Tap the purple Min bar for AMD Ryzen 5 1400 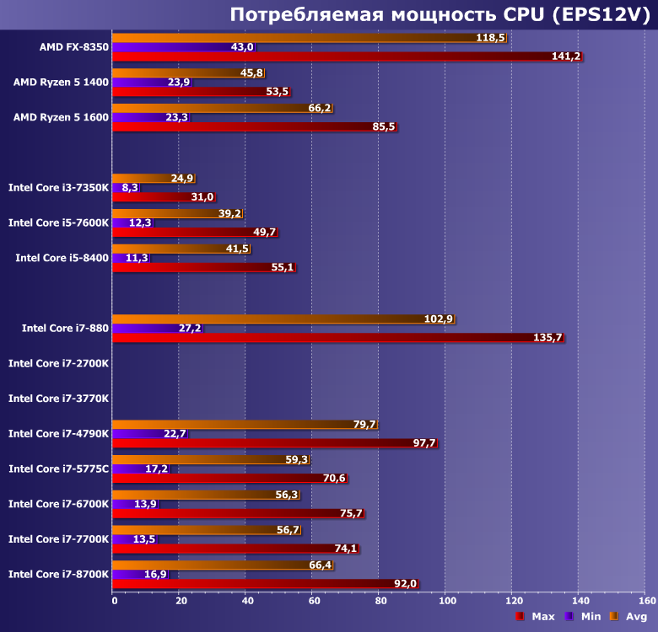point(152,83)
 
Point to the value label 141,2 point(566,56)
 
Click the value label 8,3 point(130,188)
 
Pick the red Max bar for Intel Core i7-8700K point(265,583)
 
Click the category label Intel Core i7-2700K point(58,363)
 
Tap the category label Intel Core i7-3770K point(58,399)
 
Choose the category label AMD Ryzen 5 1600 point(61,117)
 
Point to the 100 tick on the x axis point(446,601)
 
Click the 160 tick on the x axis point(646,601)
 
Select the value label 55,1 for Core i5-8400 point(283,267)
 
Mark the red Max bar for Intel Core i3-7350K point(164,197)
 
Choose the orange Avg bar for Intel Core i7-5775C point(211,460)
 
